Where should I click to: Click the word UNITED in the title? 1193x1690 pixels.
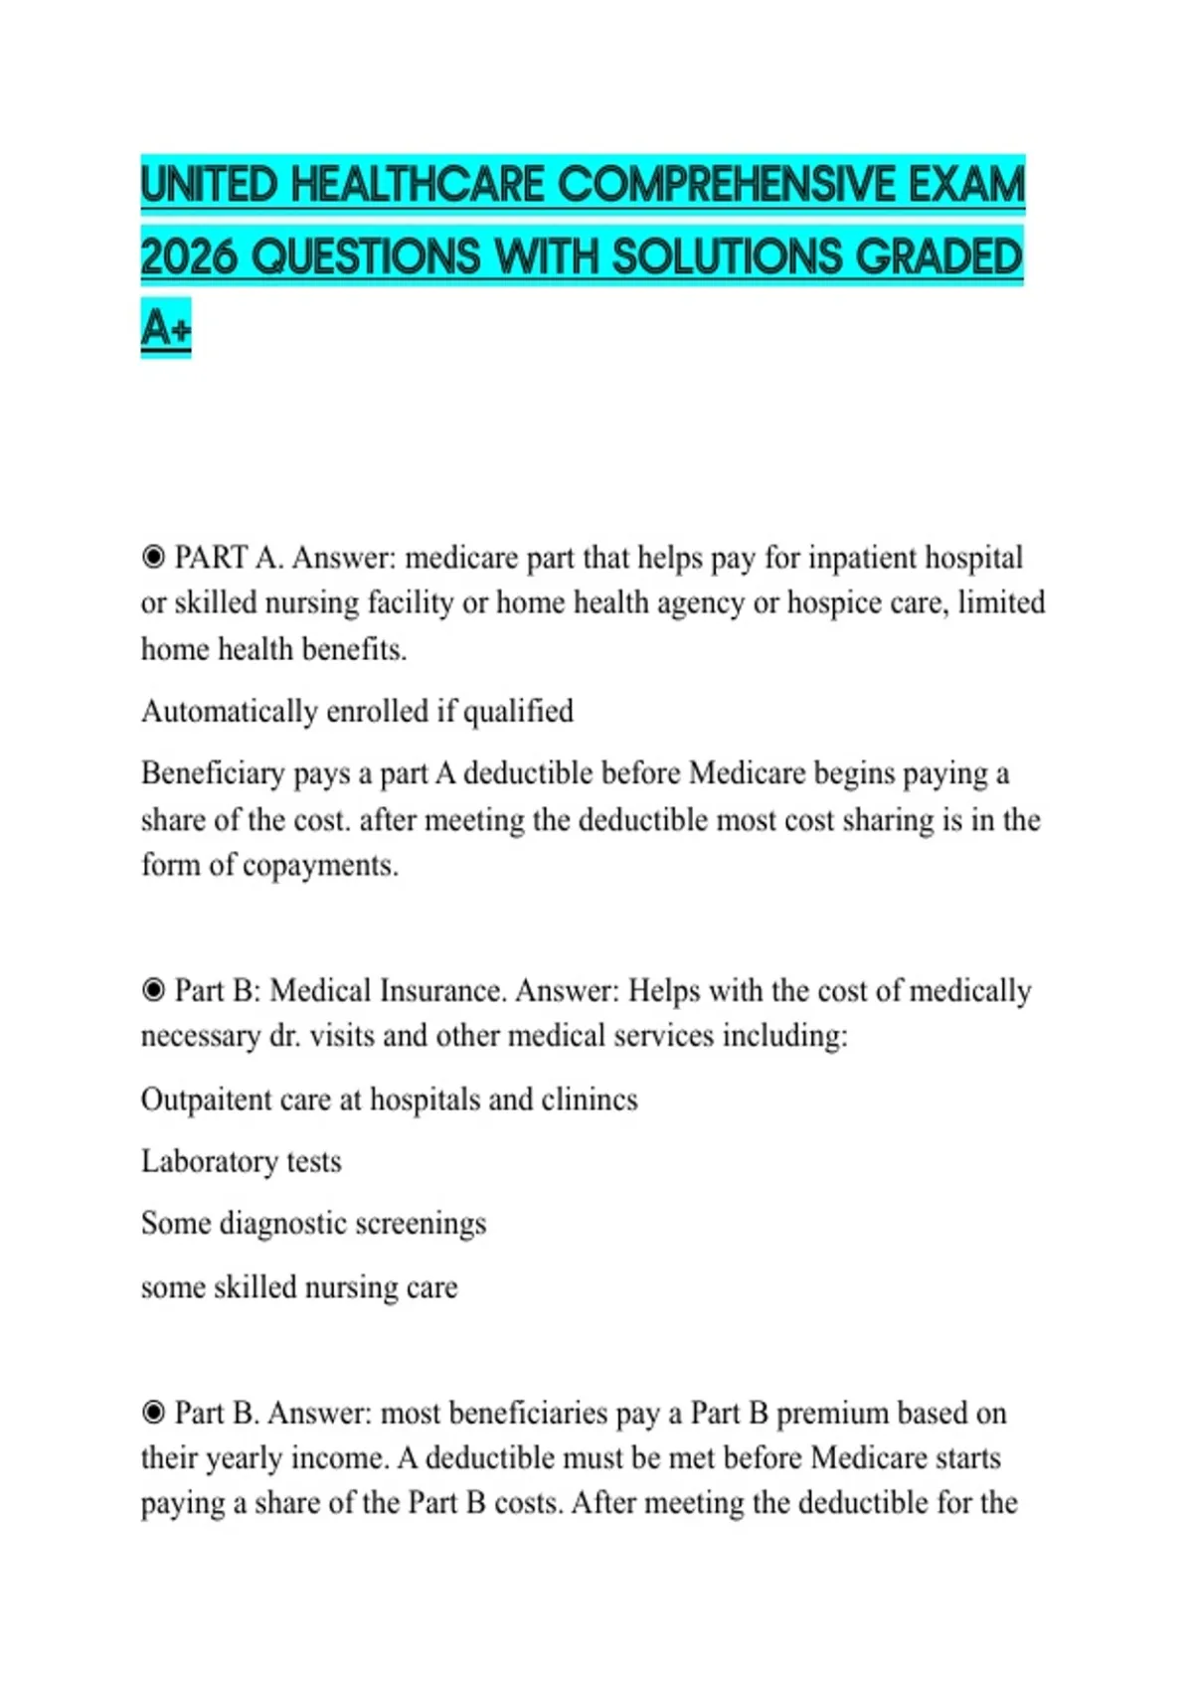pos(209,185)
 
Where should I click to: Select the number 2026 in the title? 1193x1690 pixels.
pos(189,256)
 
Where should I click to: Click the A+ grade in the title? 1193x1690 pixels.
pos(165,327)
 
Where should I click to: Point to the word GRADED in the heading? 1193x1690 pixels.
pos(938,256)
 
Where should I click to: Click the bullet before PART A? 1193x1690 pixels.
pos(153,557)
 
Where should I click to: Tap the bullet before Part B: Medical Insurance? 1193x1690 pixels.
pos(153,990)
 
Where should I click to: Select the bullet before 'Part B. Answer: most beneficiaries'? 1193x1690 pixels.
pos(153,1412)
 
